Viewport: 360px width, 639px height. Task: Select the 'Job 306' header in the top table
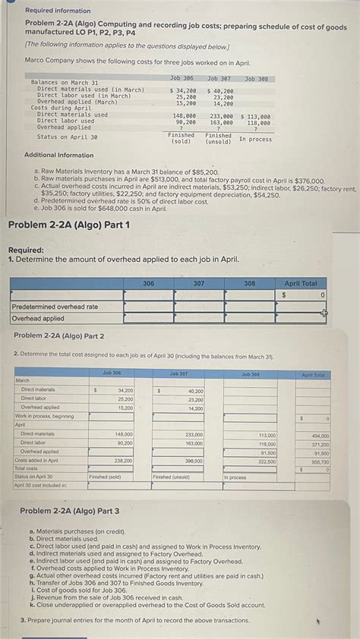pos(182,78)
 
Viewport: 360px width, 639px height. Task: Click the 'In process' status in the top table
pos(255,139)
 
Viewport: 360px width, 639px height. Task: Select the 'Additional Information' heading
pos(59,155)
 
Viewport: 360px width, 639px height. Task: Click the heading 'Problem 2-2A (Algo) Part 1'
pos(68,225)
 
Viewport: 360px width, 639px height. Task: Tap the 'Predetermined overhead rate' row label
pos(55,307)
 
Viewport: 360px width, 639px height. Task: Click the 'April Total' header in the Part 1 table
pos(301,282)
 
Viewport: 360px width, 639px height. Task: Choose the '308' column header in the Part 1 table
pos(249,282)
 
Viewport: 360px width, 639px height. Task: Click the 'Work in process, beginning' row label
pos(44,416)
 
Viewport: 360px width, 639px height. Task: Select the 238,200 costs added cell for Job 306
pos(122,460)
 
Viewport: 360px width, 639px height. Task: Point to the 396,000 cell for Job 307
pos(194,460)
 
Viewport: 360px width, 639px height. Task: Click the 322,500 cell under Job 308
pos(267,460)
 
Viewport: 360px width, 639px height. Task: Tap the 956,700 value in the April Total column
pos(320,461)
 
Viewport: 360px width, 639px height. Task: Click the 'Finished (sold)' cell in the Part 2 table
pos(104,477)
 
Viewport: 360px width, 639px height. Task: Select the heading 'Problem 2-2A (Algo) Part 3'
pos(68,511)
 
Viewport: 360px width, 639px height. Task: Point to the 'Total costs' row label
pos(27,468)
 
